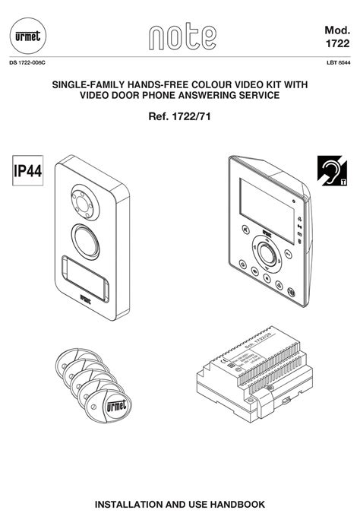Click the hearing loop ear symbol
tap(332, 172)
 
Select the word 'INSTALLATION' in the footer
tap(134, 504)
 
